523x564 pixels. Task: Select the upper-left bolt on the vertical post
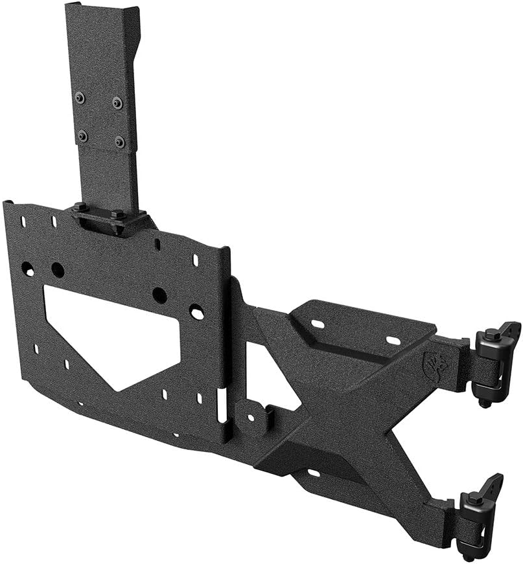pyautogui.click(x=79, y=98)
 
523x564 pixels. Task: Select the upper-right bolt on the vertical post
pyautogui.click(x=117, y=102)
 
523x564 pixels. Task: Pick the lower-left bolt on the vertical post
pyautogui.click(x=82, y=136)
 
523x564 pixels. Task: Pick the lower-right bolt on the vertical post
pyautogui.click(x=120, y=141)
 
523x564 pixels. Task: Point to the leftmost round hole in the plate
pyautogui.click(x=27, y=268)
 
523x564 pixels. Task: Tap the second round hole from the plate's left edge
pyautogui.click(x=57, y=270)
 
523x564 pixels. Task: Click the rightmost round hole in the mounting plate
pyautogui.click(x=196, y=312)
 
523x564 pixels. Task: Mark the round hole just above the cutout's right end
pyautogui.click(x=159, y=295)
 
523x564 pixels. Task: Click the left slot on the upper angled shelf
pyautogui.click(x=318, y=324)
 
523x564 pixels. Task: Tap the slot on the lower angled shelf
pyautogui.click(x=313, y=473)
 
